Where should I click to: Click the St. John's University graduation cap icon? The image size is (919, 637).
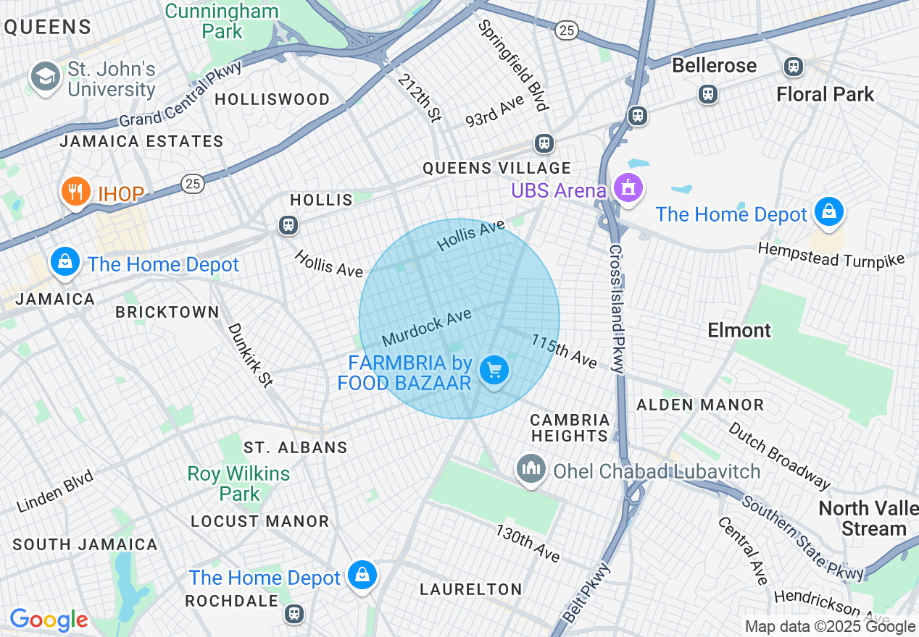point(45,77)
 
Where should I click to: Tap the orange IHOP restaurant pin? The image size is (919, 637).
point(75,192)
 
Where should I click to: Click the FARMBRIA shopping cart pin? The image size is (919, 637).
point(495,371)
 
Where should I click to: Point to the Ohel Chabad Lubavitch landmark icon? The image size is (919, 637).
point(531,469)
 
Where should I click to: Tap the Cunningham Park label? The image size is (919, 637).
point(221,21)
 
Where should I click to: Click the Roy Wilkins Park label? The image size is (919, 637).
point(238,484)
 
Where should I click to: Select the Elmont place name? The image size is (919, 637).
point(739,330)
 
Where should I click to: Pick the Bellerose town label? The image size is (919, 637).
point(714,65)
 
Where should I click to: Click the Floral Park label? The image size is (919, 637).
point(825,94)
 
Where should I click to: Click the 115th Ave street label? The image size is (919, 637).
point(564,350)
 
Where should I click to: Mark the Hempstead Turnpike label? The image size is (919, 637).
point(831,254)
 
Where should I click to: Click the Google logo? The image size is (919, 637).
point(49,620)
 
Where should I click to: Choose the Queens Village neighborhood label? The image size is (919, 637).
point(497,168)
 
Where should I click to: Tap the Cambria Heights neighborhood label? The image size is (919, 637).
point(570,428)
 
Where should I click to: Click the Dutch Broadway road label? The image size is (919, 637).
point(779,456)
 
